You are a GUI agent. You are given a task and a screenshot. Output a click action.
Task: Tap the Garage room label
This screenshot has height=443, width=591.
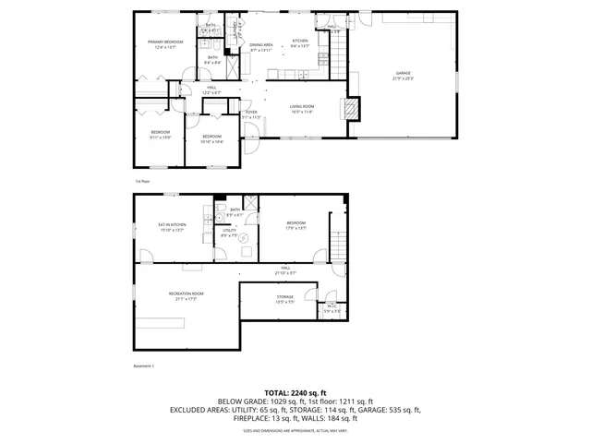pos(404,75)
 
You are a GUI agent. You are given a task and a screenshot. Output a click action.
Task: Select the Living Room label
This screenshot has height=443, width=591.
pos(302,109)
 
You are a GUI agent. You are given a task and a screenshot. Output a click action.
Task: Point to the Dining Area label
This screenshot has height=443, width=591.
pos(261,46)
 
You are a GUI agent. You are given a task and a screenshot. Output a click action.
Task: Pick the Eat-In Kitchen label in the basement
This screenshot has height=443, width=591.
pos(172,227)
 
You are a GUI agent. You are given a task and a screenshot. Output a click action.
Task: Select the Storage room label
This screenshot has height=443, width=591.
pos(284,299)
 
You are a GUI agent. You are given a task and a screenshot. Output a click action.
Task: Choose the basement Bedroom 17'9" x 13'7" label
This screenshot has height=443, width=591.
pos(295,225)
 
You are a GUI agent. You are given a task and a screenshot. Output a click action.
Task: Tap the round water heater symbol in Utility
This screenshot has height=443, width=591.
pos(244,238)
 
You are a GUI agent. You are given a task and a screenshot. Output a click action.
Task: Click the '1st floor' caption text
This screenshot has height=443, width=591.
pos(142,182)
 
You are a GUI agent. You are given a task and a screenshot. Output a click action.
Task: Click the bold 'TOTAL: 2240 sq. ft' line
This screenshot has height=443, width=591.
pos(295,393)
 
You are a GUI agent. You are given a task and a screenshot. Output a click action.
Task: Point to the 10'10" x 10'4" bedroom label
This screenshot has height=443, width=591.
pos(211,138)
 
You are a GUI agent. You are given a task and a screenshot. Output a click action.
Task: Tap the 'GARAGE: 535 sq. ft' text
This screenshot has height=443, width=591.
pos(388,410)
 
